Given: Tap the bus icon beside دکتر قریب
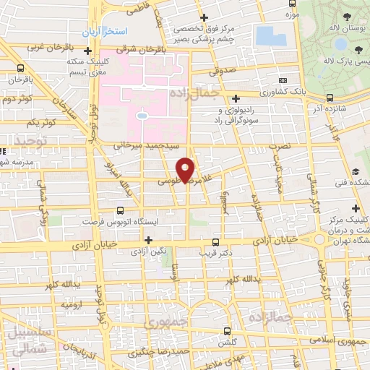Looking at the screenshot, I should [x=215, y=243].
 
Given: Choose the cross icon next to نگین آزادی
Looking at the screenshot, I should [x=149, y=240].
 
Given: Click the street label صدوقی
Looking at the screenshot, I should [x=223, y=72].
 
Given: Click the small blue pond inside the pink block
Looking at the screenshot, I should [x=142, y=115].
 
